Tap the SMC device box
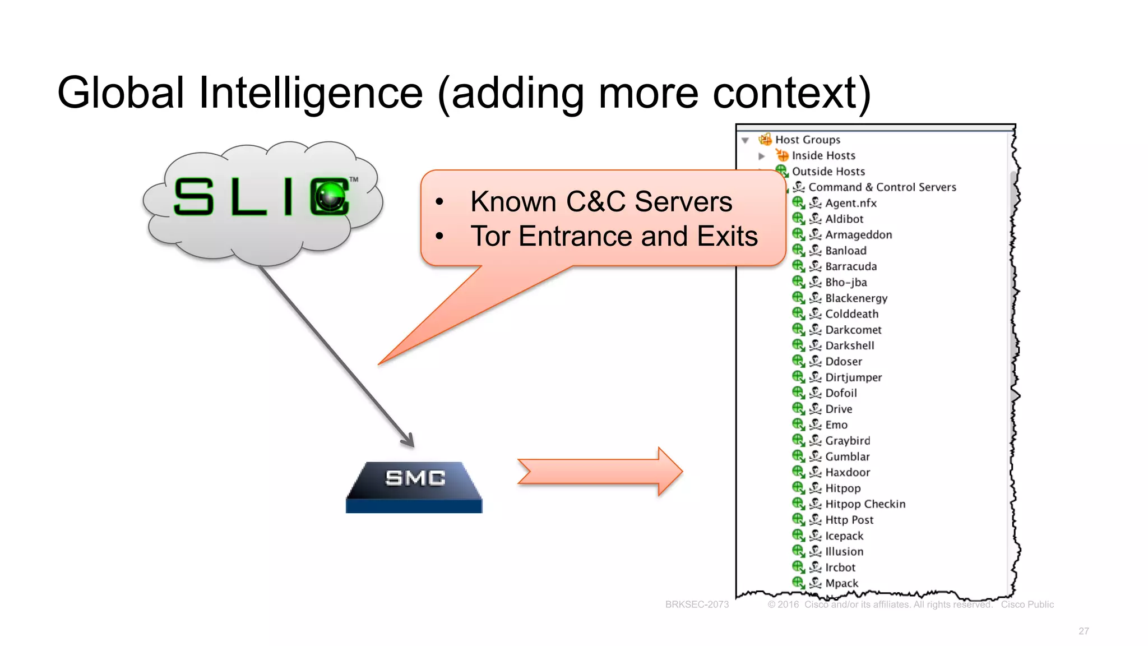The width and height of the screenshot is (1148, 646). click(x=415, y=486)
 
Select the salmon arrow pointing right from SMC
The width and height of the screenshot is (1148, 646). click(x=600, y=472)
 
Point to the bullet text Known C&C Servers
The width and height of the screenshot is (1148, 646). click(x=601, y=201)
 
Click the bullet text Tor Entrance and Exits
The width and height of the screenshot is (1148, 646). click(x=614, y=236)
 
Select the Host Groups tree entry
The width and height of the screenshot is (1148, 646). click(x=807, y=140)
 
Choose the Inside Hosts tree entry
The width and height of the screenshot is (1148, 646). click(x=823, y=155)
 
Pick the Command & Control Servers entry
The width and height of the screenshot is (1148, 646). click(x=882, y=187)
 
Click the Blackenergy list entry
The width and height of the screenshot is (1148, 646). click(x=856, y=298)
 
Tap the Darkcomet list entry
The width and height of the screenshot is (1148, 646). click(x=853, y=330)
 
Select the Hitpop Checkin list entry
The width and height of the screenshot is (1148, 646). click(x=864, y=504)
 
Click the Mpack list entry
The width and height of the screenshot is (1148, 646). click(x=841, y=583)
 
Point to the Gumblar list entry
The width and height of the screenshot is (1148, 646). click(x=847, y=456)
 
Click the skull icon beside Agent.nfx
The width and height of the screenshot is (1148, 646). click(x=815, y=203)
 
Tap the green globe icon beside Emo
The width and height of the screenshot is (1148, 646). click(x=798, y=424)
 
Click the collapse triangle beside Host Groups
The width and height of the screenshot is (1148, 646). click(x=745, y=140)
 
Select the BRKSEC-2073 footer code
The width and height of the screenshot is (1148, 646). click(x=697, y=605)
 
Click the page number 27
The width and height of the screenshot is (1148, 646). click(x=1084, y=631)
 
